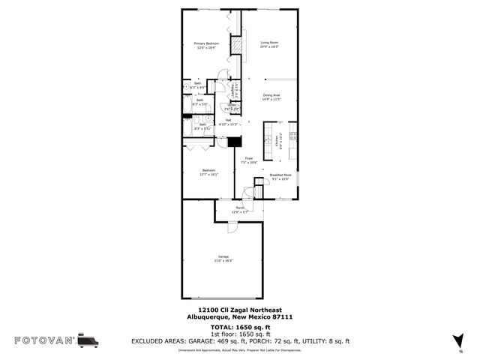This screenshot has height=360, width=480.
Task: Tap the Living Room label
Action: [269, 43]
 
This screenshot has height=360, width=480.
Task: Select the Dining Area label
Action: [271, 95]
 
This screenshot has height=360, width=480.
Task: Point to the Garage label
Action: [224, 256]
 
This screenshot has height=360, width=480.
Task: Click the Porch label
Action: [240, 208]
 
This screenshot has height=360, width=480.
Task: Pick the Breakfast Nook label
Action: [280, 175]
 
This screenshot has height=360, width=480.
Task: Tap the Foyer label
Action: [248, 158]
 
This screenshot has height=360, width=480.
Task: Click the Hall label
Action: [228, 119]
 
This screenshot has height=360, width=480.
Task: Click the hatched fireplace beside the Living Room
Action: [236, 47]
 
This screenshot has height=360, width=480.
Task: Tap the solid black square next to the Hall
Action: [233, 142]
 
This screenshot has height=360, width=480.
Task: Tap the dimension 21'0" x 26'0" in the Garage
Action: [224, 261]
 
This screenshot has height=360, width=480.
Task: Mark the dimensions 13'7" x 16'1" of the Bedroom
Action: [209, 174]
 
